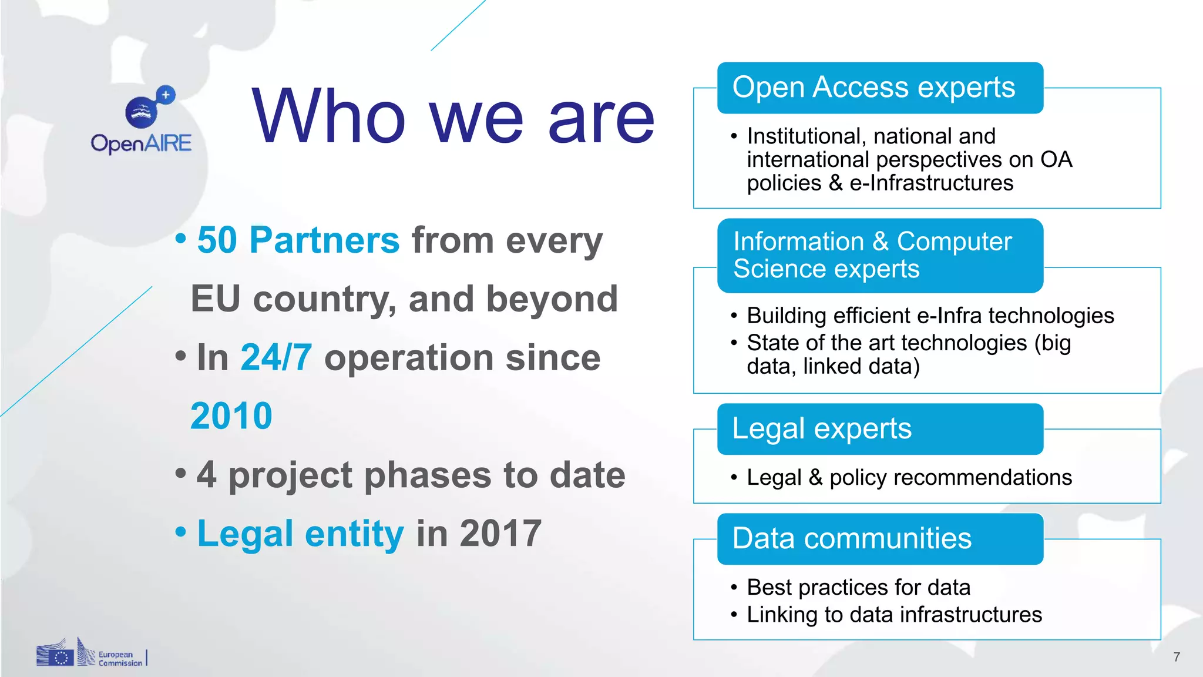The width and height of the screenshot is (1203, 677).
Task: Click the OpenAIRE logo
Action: click(142, 121)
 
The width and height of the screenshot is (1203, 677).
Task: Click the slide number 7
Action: click(1177, 657)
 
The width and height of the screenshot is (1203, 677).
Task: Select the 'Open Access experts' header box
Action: click(879, 88)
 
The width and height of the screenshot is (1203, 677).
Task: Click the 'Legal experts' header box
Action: click(879, 429)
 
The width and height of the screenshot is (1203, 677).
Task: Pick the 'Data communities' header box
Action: click(879, 539)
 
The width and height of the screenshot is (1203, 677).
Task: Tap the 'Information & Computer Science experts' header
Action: click(879, 256)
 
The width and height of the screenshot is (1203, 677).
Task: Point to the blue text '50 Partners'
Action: click(298, 240)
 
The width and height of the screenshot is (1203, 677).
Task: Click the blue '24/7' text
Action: click(276, 357)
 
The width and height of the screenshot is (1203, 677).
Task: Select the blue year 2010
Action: click(231, 416)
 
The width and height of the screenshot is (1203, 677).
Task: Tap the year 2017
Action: click(500, 534)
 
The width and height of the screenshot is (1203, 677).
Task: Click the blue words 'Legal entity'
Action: click(300, 534)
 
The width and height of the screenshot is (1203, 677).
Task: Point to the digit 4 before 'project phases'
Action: click(206, 475)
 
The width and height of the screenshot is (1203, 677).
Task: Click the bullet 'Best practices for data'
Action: click(858, 588)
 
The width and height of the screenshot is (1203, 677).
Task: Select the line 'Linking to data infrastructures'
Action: click(894, 615)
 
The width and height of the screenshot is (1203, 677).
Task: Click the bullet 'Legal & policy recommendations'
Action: click(909, 478)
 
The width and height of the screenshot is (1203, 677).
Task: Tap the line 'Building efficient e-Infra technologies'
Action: click(930, 316)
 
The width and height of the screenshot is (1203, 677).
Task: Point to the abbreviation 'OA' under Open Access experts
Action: click(1056, 160)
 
